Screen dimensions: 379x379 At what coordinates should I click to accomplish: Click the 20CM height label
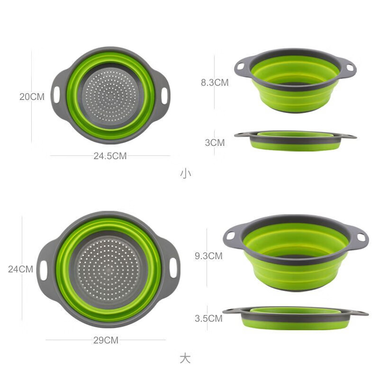pos(32,97)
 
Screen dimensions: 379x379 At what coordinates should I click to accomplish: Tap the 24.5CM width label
pos(110,156)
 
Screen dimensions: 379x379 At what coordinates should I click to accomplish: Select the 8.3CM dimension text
pos(215,82)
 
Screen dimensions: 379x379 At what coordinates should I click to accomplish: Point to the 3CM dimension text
pos(215,142)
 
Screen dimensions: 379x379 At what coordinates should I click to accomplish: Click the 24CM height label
pos(20,269)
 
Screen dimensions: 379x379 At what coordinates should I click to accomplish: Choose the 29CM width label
pos(105,340)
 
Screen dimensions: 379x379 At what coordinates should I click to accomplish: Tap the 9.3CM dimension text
pos(208,256)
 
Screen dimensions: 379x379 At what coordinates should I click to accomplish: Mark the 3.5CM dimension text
pos(208,318)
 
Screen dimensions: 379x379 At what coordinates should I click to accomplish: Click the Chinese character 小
pos(185,173)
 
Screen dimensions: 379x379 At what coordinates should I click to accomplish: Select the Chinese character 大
pos(185,358)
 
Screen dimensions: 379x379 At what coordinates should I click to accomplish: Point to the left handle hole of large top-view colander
pos(43,270)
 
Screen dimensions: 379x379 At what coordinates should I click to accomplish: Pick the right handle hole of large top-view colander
pos(173,268)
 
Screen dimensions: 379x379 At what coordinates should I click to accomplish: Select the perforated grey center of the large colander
pos(108,269)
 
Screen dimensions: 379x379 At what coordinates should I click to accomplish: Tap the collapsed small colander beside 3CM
pos(295,140)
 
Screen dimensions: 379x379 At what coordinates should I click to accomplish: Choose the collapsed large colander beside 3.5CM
pos(296,317)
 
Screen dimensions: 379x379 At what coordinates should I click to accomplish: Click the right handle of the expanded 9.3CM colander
pos(359,236)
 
